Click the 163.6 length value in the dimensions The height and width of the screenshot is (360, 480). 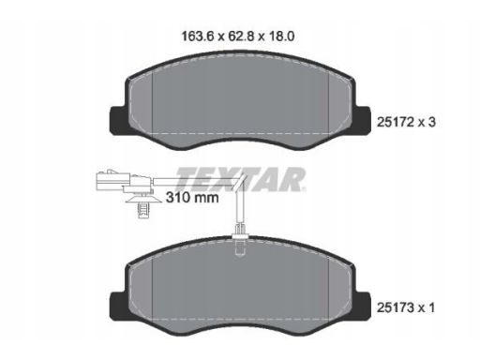pos(197,37)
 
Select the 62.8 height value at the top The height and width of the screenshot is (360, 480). pos(241,37)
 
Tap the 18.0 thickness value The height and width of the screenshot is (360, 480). pos(281,37)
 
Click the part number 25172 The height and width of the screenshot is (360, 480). pos(396,122)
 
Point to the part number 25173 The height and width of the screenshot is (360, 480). pos(396,307)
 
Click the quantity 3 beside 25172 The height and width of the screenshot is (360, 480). pos(431,122)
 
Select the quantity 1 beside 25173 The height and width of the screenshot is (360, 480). pos(431,307)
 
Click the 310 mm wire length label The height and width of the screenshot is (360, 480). pos(192,198)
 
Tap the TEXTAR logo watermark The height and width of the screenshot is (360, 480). pos(240,179)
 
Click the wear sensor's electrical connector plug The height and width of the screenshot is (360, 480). pos(124,181)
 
